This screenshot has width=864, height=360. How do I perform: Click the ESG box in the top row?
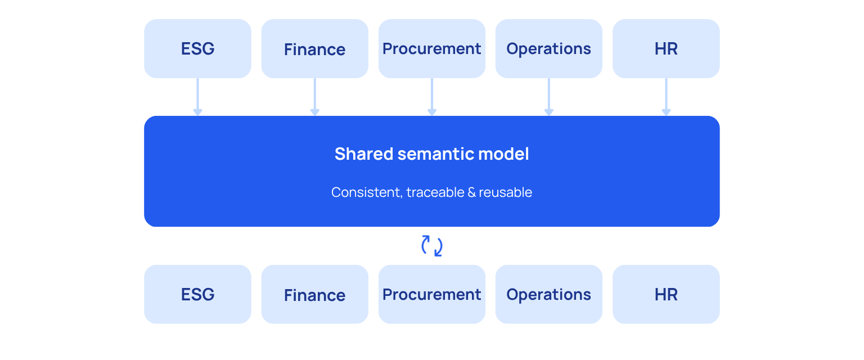pyautogui.click(x=197, y=48)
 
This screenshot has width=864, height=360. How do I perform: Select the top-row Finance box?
pyautogui.click(x=315, y=48)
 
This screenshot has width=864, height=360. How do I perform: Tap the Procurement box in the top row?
pyautogui.click(x=431, y=48)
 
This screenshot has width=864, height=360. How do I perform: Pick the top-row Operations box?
pyautogui.click(x=549, y=48)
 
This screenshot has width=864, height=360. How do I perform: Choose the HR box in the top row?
pyautogui.click(x=666, y=48)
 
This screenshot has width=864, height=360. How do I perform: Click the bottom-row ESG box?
pyautogui.click(x=197, y=294)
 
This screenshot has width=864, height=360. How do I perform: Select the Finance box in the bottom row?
pyautogui.click(x=315, y=294)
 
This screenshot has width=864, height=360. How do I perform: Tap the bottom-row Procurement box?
pyautogui.click(x=431, y=294)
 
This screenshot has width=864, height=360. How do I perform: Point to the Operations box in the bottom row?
pyautogui.click(x=549, y=294)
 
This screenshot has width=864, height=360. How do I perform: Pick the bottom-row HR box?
pyautogui.click(x=666, y=294)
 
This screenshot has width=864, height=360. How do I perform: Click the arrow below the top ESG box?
pyautogui.click(x=197, y=97)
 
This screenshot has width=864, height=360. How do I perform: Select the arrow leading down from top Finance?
pyautogui.click(x=315, y=97)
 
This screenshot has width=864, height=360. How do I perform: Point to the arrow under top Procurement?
pyautogui.click(x=431, y=97)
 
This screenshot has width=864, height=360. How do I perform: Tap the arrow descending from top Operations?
pyautogui.click(x=549, y=97)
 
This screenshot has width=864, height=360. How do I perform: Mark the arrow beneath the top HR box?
pyautogui.click(x=666, y=97)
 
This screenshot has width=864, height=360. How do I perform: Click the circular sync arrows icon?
pyautogui.click(x=423, y=246)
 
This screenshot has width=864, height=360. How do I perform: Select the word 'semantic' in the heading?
pyautogui.click(x=436, y=154)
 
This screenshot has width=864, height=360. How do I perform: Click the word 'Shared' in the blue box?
pyautogui.click(x=364, y=154)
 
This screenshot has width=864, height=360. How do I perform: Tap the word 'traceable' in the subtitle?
pyautogui.click(x=435, y=192)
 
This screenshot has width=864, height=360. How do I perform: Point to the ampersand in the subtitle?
pyautogui.click(x=471, y=192)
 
